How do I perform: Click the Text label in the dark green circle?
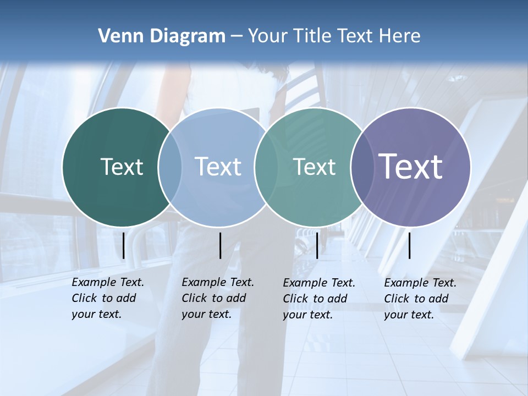pyautogui.click(x=122, y=167)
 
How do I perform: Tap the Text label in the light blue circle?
pyautogui.click(x=218, y=167)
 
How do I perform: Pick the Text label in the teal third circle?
pyautogui.click(x=314, y=167)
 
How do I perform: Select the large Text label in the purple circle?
pyautogui.click(x=410, y=167)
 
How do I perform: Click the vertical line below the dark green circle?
pyautogui.click(x=123, y=245)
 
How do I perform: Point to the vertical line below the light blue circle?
pyautogui.click(x=220, y=245)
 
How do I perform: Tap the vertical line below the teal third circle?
pyautogui.click(x=317, y=245)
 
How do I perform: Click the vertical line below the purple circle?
pyautogui.click(x=409, y=245)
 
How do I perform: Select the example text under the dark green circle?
pyautogui.click(x=107, y=298)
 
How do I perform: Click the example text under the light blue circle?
pyautogui.click(x=217, y=298)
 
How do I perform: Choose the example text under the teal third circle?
pyautogui.click(x=318, y=299)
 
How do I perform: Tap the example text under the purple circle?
pyautogui.click(x=420, y=299)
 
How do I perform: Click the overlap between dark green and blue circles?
pyautogui.click(x=170, y=167)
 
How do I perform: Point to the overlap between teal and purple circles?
pyautogui.click(x=363, y=167)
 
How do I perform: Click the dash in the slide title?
pyautogui.click(x=237, y=36)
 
